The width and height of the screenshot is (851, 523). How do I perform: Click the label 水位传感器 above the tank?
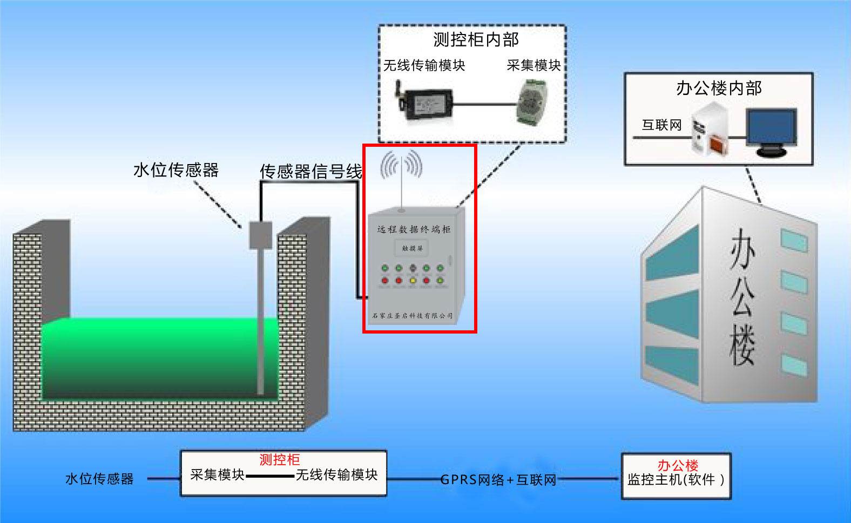click(176, 171)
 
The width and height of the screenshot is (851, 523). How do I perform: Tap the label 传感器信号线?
click(311, 172)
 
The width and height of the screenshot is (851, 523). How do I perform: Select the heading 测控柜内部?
click(476, 39)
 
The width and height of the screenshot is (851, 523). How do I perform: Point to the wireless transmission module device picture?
click(424, 101)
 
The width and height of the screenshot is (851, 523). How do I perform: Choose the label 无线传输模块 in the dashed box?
click(424, 65)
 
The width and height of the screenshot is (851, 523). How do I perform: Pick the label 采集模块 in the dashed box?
click(533, 65)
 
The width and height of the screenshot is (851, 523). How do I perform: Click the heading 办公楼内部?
click(719, 88)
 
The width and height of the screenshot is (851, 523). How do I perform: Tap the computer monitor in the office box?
click(771, 131)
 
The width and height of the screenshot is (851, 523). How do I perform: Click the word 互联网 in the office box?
click(662, 125)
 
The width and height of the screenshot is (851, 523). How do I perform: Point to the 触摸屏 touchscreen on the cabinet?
click(413, 248)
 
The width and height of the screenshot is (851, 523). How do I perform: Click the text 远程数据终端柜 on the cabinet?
click(414, 229)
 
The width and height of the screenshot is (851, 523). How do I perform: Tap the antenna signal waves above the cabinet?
click(401, 165)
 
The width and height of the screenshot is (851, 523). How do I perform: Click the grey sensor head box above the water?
click(260, 235)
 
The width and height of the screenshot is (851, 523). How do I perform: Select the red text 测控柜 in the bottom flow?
click(280, 460)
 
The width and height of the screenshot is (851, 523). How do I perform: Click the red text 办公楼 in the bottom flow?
click(678, 465)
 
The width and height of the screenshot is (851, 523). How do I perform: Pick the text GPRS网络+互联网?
click(498, 480)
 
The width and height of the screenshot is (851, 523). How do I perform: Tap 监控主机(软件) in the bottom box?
click(676, 479)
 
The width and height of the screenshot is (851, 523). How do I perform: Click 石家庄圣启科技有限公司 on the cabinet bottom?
click(413, 316)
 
